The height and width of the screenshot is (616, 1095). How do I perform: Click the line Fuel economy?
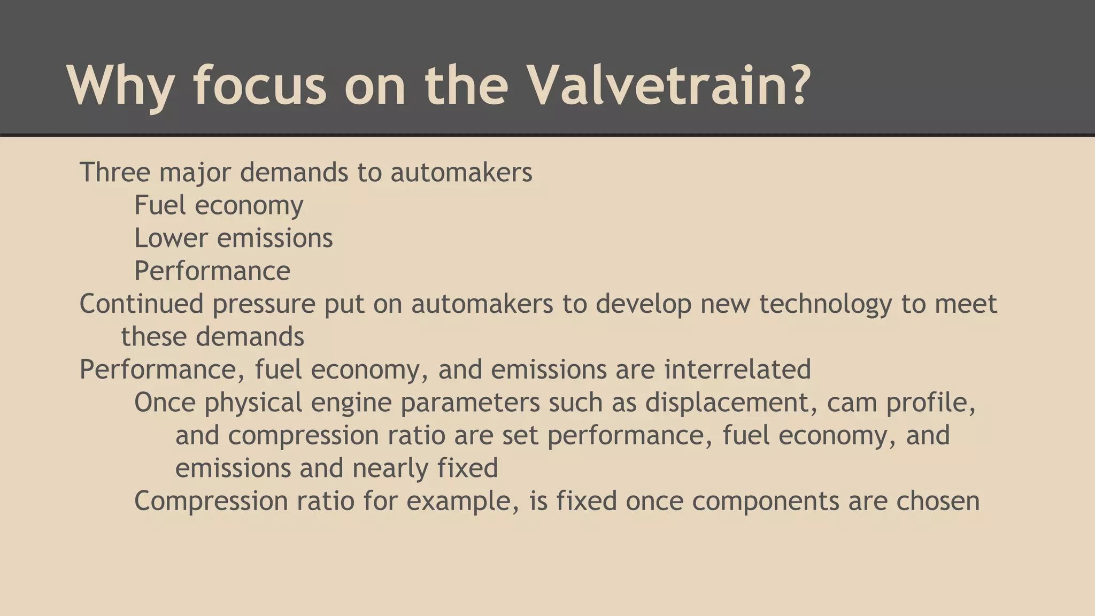tap(219, 205)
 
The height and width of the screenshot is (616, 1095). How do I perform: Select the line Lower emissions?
tap(233, 238)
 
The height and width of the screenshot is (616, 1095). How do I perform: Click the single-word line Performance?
tap(212, 271)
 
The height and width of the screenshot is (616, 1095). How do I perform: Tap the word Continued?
tap(141, 304)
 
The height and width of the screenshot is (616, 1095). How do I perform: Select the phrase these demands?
tap(212, 337)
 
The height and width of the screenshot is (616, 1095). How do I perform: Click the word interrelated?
tap(737, 369)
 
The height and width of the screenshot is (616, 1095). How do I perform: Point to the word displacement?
tap(731, 403)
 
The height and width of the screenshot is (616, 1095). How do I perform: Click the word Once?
tap(165, 402)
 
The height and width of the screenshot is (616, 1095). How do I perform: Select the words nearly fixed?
tap(425, 468)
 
